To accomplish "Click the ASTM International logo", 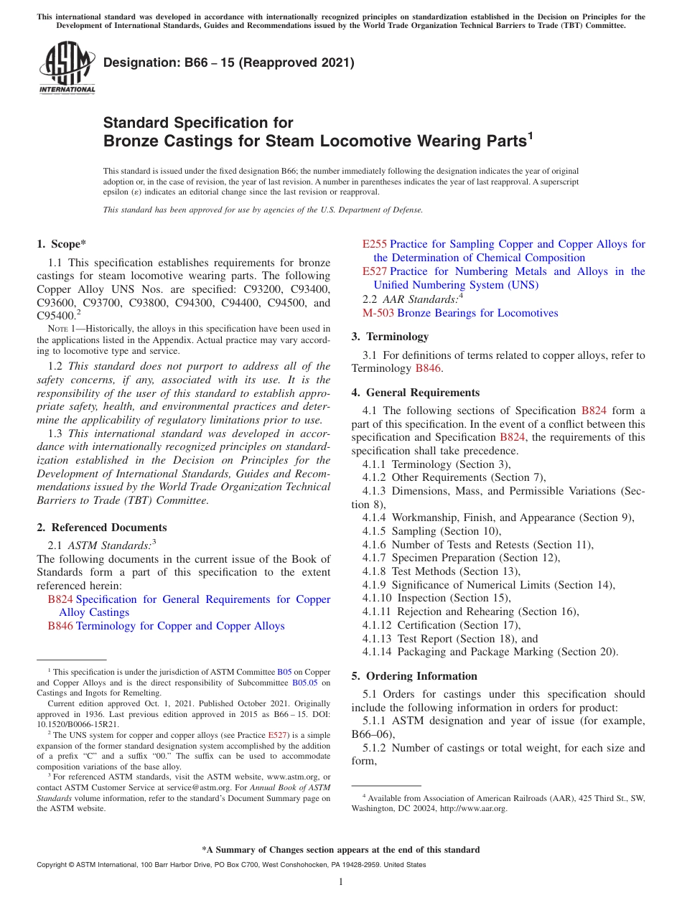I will pos(67,68).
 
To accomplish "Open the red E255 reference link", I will pos(374,244).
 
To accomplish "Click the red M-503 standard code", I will pos(378,313).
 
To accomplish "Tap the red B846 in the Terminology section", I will pos(428,368).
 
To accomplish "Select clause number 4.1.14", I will pos(378,652).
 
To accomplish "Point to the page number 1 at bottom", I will pos(341,882).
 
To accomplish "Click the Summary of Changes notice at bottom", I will pos(341,850).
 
